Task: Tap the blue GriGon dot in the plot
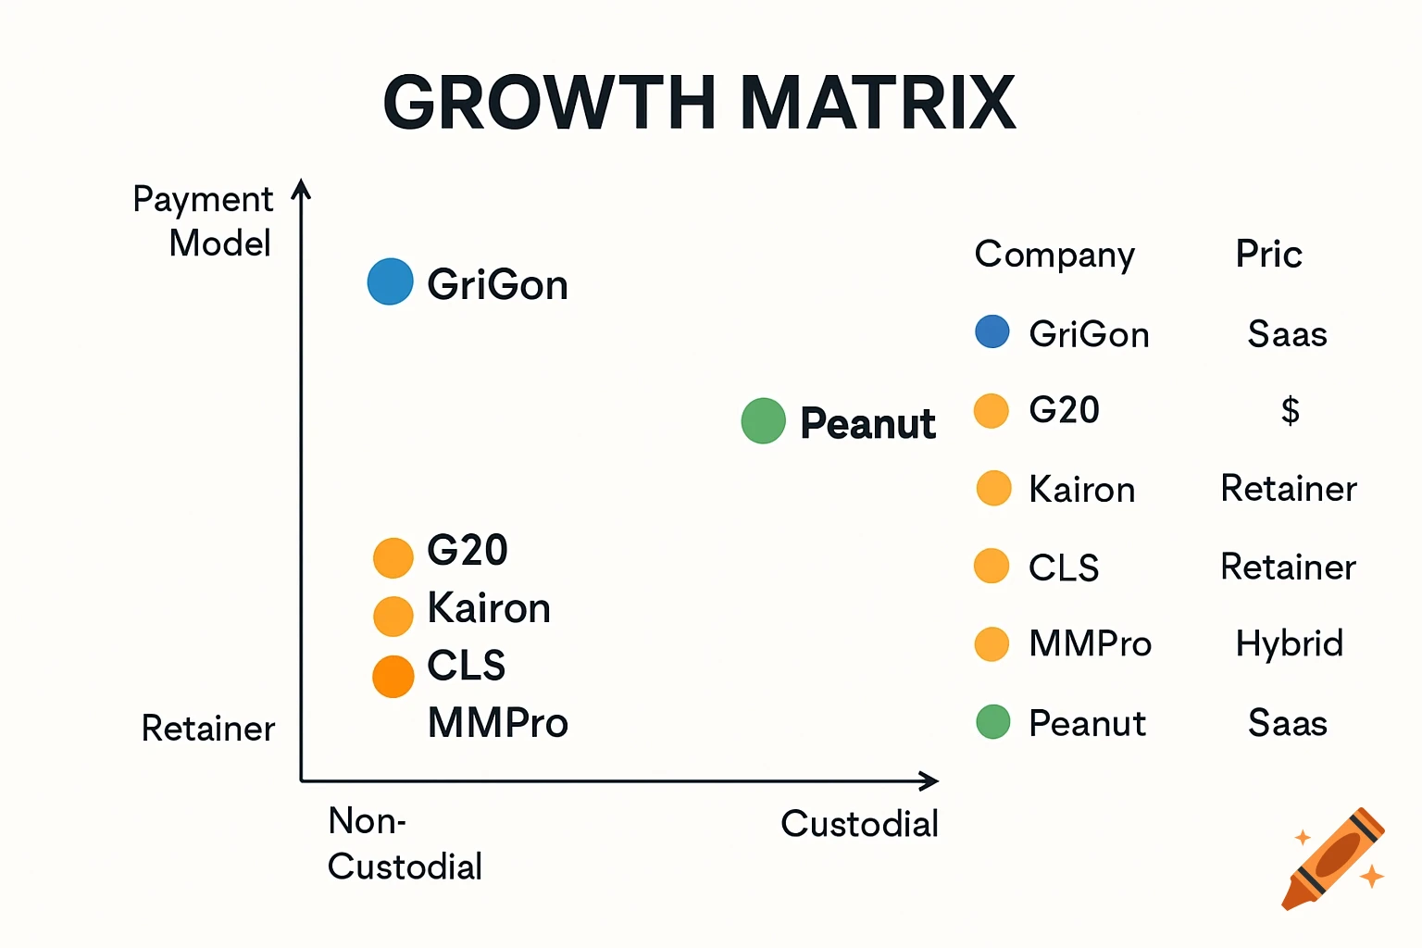(390, 281)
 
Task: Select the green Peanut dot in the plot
(763, 421)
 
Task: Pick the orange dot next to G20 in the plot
(393, 557)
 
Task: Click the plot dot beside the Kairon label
(393, 617)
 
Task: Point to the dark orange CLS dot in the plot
(393, 677)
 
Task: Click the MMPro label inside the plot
(497, 723)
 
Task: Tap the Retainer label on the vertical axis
(207, 729)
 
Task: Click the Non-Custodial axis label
(404, 843)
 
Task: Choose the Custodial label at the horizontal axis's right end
(859, 823)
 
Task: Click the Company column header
(1054, 255)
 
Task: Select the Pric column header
(1268, 254)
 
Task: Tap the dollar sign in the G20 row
(1290, 409)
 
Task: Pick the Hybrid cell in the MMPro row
(1289, 643)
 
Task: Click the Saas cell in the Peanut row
(1287, 723)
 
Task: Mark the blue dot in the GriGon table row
(992, 331)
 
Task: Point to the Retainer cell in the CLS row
(1288, 567)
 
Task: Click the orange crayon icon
(1333, 859)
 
